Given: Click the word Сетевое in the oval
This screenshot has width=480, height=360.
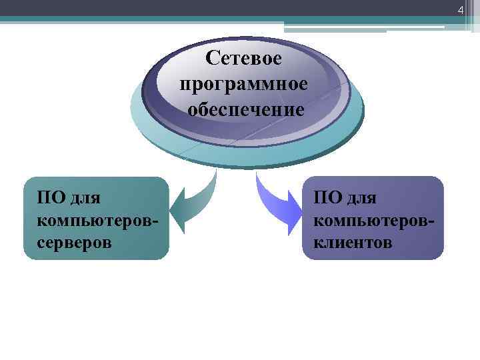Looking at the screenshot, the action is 244,59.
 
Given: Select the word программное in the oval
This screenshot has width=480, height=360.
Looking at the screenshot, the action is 244,84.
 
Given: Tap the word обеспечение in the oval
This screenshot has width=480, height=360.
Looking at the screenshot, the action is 245,109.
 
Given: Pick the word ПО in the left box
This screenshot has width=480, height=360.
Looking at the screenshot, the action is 51,197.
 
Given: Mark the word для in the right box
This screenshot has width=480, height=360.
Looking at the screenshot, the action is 360,198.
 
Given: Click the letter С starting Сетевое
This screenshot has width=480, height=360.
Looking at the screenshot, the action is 212,59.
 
